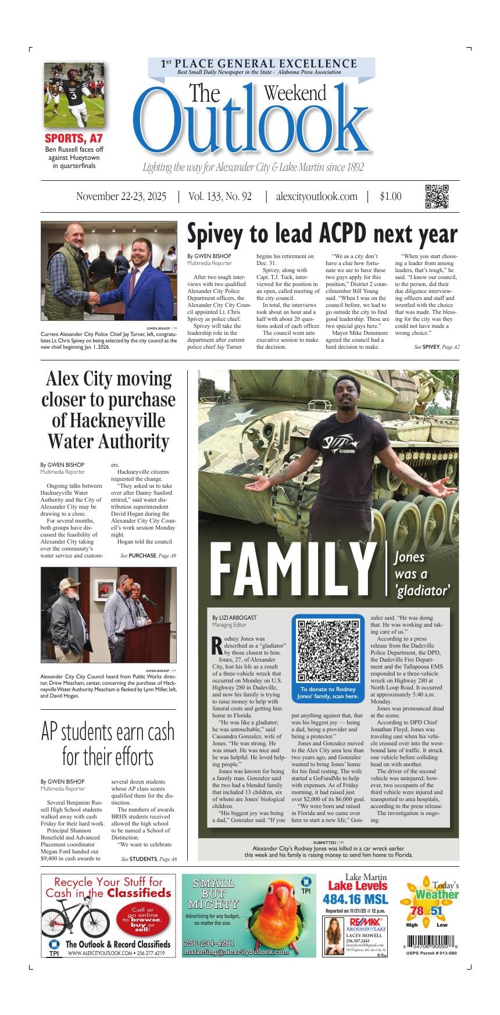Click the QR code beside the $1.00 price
437,196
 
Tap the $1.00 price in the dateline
391,196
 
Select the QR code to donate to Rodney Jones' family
328,651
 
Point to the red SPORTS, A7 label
74,138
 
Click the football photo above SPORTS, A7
74,95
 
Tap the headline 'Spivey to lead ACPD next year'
322,234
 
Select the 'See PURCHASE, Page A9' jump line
148,556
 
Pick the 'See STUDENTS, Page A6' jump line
149,859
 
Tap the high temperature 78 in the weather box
416,911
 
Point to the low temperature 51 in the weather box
437,911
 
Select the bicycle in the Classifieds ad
78,920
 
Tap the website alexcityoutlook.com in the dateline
317,196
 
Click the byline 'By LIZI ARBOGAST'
234,617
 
